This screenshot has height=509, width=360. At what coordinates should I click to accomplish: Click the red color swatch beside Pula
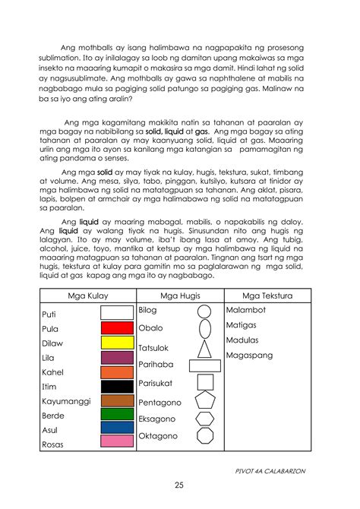(117, 328)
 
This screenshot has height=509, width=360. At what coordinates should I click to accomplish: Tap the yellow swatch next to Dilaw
(117, 343)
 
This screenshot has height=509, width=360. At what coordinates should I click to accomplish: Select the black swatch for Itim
(117, 386)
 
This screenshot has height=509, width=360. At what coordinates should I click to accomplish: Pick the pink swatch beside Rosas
(117, 441)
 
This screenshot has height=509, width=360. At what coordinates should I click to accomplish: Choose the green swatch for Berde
(117, 414)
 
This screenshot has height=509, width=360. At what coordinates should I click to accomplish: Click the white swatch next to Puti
(117, 312)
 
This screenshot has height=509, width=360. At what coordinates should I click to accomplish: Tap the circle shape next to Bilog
(204, 311)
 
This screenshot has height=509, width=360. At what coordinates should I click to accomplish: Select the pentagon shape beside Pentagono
(204, 401)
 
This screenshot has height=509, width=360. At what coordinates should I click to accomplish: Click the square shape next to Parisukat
(204, 383)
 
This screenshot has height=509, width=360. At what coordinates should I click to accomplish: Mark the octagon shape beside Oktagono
(204, 436)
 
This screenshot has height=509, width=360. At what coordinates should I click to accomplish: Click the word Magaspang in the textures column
(251, 354)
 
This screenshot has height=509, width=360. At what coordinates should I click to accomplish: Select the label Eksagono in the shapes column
(156, 419)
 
